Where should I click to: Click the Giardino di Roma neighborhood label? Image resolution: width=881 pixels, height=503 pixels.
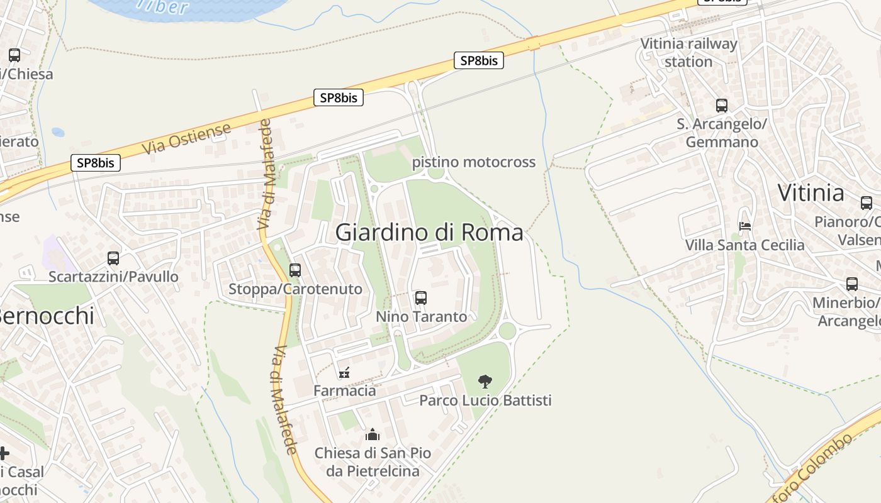(x=429, y=233)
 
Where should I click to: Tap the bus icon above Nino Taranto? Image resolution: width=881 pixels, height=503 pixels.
(x=421, y=298)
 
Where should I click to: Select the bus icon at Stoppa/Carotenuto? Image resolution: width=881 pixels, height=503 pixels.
(x=295, y=270)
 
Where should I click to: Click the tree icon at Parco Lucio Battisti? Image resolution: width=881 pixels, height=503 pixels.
(x=485, y=381)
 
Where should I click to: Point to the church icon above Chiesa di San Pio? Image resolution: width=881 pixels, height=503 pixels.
(x=373, y=434)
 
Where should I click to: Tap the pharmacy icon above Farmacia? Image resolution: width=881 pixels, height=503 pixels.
(x=344, y=372)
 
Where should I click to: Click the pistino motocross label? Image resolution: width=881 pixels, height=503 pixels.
(x=474, y=162)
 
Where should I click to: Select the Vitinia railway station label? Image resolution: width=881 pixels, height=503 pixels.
(x=688, y=53)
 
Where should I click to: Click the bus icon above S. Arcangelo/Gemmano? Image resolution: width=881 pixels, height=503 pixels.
(x=722, y=106)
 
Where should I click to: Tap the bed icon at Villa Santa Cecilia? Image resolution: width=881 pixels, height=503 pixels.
(x=745, y=226)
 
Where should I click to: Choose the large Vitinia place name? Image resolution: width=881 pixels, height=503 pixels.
(x=811, y=192)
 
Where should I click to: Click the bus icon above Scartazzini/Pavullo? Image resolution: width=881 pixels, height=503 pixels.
(x=113, y=258)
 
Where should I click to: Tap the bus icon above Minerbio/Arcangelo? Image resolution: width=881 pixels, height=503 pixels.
(x=852, y=284)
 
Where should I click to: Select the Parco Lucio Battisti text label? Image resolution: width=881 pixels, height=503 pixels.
(x=485, y=401)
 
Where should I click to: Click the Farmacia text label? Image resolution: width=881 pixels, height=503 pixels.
(x=345, y=391)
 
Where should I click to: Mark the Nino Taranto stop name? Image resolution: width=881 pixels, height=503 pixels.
(x=422, y=316)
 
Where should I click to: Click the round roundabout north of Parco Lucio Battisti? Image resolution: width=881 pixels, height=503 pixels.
(x=507, y=330)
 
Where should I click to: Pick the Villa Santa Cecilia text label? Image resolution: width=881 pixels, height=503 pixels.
(x=745, y=245)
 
